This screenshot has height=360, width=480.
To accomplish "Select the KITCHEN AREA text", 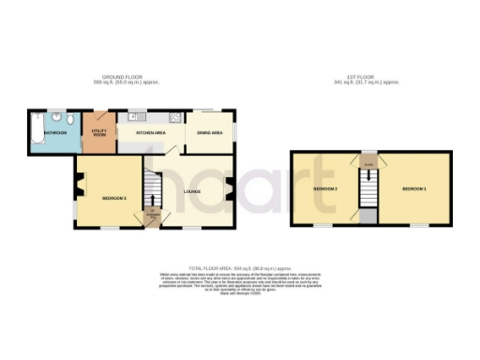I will (151, 134).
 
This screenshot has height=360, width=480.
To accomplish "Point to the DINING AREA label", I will (209, 134).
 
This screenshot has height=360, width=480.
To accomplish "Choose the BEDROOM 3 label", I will (113, 198).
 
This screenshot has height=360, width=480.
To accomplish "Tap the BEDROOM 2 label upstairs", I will (324, 189).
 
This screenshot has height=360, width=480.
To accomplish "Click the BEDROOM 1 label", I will (413, 189).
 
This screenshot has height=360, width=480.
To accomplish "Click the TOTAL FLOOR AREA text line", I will (239, 267).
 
